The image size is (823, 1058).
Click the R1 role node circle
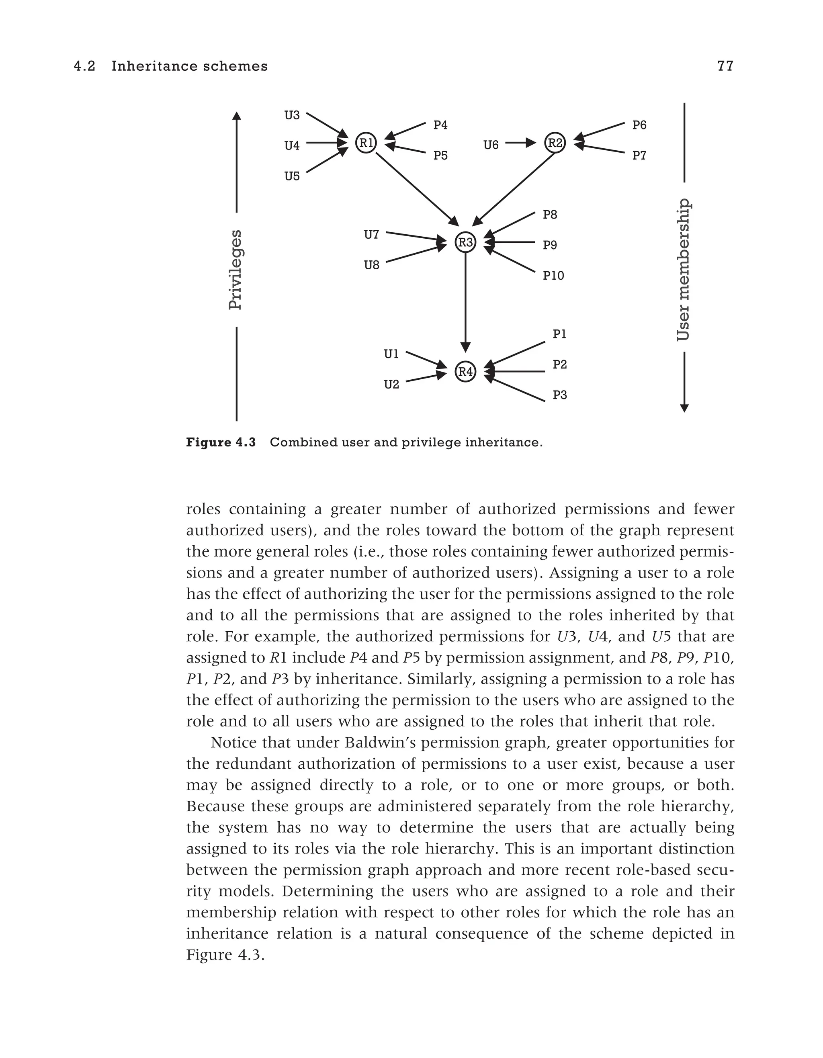(366, 142)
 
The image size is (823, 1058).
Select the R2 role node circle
(555, 142)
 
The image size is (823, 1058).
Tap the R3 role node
(465, 242)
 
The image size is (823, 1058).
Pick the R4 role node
(465, 372)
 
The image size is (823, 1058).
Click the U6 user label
(491, 145)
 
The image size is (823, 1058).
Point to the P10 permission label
(553, 276)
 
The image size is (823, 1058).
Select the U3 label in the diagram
(292, 115)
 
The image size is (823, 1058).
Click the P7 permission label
(639, 156)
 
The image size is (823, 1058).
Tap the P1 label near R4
(559, 334)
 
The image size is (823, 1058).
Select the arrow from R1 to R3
(417, 189)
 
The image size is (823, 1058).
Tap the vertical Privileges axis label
(235, 269)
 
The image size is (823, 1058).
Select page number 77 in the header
(725, 66)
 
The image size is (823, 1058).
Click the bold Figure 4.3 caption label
(221, 442)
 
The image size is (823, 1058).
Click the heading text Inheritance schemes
(189, 66)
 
